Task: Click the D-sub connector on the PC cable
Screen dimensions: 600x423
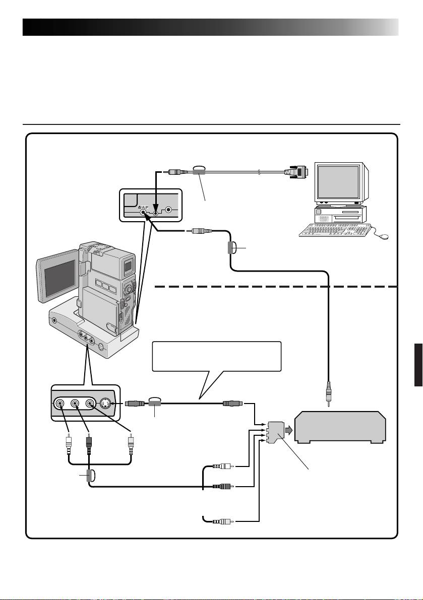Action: coord(299,172)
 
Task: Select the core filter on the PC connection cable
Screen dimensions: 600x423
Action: coord(198,172)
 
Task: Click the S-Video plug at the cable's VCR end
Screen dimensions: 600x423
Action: coord(233,404)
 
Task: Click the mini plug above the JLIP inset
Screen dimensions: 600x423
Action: coord(177,171)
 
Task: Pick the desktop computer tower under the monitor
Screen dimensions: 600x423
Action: coord(339,214)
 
